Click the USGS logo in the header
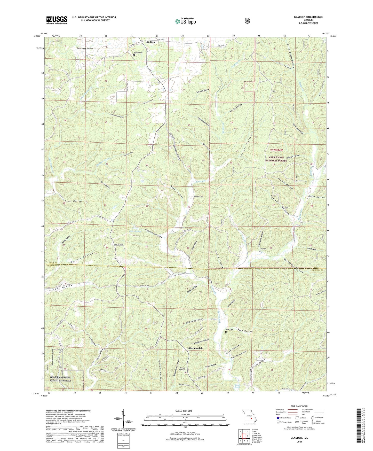tap(57, 20)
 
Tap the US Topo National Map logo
tap(185, 21)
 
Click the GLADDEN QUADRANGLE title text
tap(308, 17)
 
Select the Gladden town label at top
tap(150, 42)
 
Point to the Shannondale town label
tap(196, 348)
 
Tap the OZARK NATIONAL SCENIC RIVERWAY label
tap(59, 379)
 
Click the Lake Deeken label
tap(135, 231)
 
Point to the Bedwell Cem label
tap(198, 197)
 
